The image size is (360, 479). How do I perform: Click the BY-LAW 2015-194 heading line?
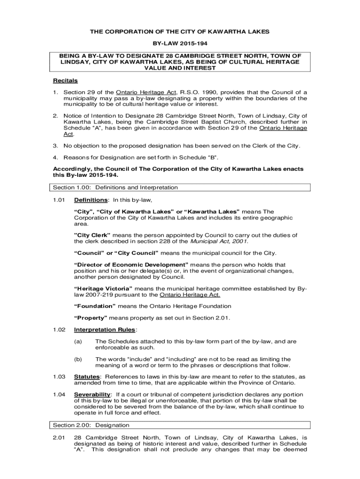(180, 43)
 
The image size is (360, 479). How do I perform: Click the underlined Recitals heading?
(65, 80)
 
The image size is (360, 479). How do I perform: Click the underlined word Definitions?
(91, 200)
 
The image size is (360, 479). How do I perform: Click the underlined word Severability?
(92, 394)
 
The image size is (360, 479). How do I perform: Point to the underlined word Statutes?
(87, 377)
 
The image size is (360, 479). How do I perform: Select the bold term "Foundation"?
(95, 306)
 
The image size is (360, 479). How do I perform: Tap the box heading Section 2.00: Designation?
(91, 425)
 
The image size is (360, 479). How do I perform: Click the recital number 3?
(55, 145)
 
